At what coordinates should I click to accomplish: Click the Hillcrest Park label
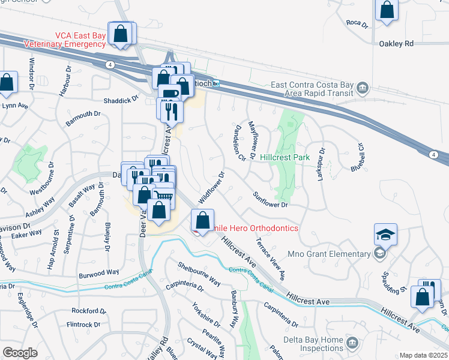tap(285, 157)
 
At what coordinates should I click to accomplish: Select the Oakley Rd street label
tap(396, 44)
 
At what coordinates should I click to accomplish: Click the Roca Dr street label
tap(357, 23)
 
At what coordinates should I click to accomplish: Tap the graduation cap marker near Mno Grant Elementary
tap(385, 234)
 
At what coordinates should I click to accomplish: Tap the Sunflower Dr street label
tap(271, 200)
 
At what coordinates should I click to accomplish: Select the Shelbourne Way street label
tap(199, 274)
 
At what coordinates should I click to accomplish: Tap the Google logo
tap(20, 353)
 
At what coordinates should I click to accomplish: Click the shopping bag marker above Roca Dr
tap(387, 10)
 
